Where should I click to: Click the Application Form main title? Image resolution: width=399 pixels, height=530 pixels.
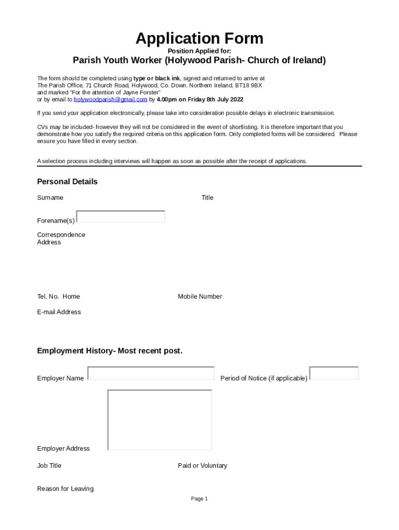(x=199, y=38)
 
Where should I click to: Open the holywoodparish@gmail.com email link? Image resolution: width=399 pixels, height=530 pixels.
(x=110, y=99)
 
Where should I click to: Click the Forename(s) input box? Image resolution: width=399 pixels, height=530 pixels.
(x=121, y=216)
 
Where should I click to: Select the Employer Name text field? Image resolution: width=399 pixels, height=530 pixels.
(x=151, y=373)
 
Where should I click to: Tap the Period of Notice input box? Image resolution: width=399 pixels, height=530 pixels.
(x=334, y=373)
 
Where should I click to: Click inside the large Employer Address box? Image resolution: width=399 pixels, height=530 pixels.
(x=160, y=420)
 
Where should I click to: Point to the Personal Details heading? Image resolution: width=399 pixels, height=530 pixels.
(x=67, y=182)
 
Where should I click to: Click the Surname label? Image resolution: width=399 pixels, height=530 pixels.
(x=50, y=198)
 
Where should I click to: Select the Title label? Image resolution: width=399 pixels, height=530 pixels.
(x=207, y=198)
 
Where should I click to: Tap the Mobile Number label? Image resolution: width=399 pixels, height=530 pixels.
(x=200, y=297)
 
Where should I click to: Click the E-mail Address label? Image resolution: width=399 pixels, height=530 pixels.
(x=59, y=312)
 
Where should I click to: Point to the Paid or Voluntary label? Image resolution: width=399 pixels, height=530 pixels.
(x=203, y=466)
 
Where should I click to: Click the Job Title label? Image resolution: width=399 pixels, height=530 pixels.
(x=49, y=466)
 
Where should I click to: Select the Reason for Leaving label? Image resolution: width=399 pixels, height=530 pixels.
(x=65, y=489)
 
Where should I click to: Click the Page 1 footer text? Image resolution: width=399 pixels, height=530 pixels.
(x=199, y=499)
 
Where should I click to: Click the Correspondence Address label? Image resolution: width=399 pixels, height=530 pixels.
(x=61, y=239)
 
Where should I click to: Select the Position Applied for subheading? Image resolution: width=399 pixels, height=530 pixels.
(x=199, y=51)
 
